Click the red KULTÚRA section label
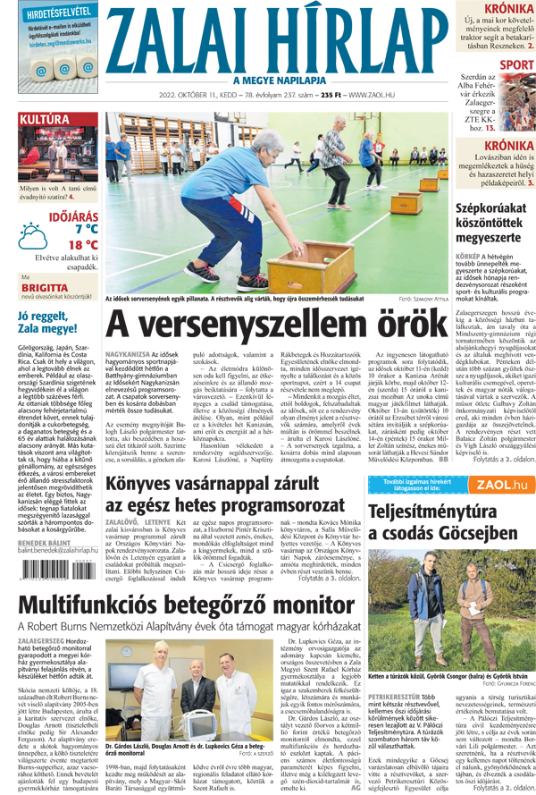(x=45, y=119)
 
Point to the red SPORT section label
(x=517, y=64)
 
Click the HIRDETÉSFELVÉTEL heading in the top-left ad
(x=54, y=13)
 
